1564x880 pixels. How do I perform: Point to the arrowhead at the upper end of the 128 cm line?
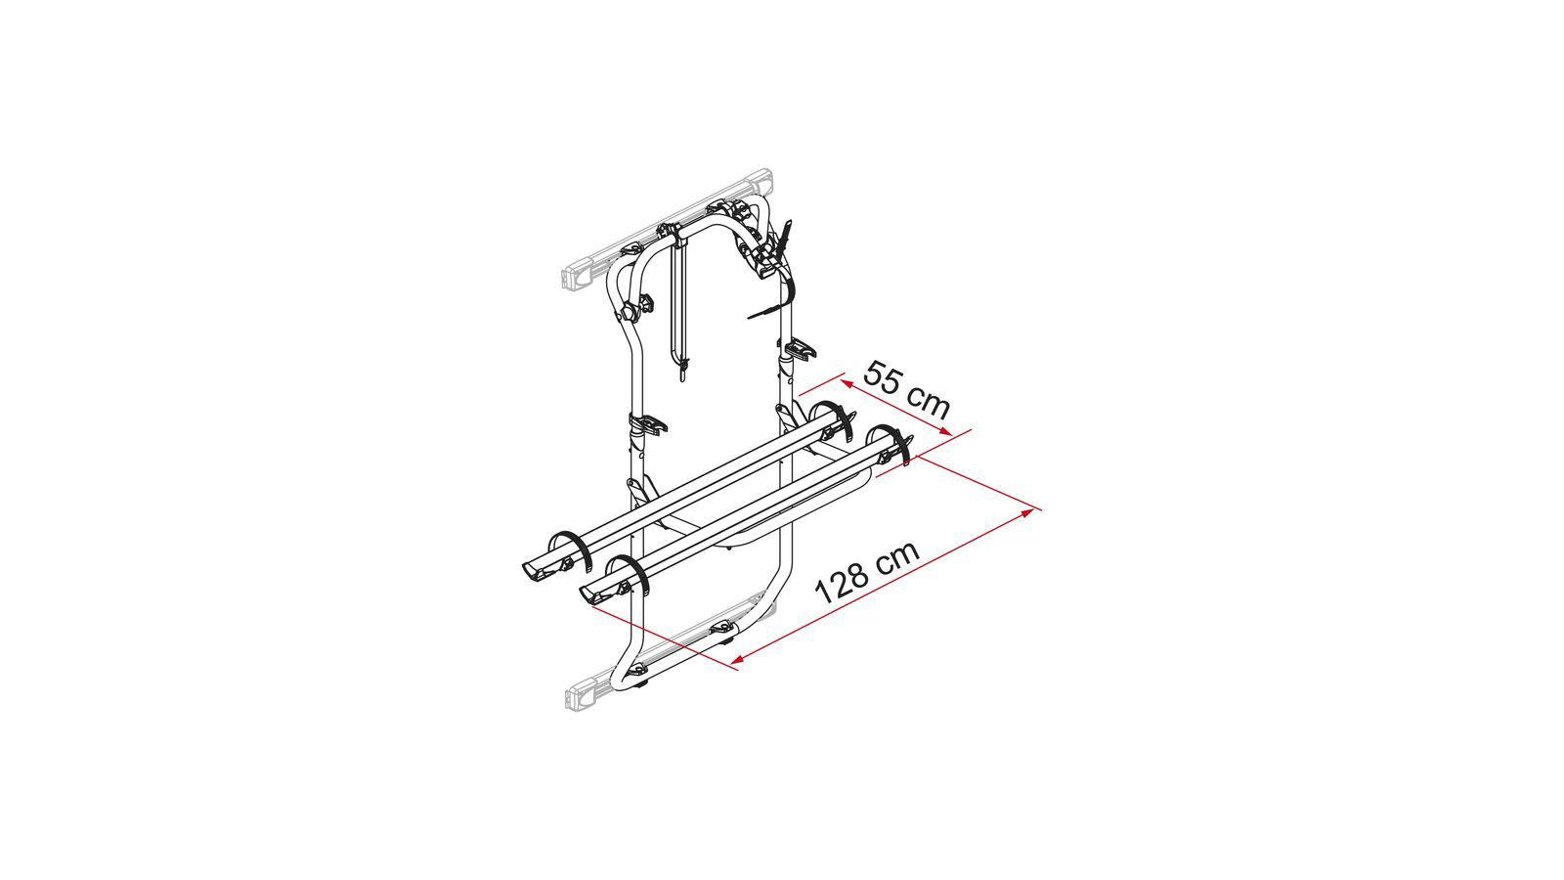point(1027,513)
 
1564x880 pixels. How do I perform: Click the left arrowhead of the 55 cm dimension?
point(847,382)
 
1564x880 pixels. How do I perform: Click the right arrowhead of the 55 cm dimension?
point(944,431)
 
